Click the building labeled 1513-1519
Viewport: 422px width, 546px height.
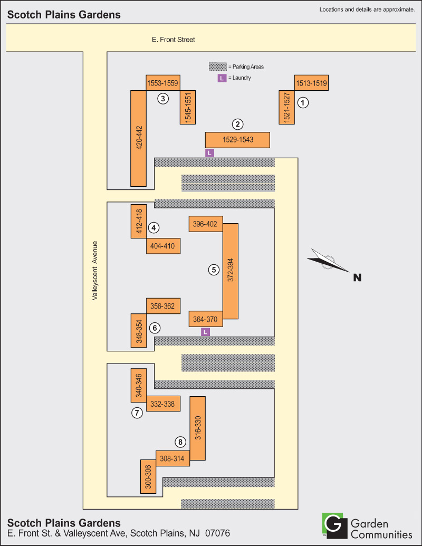click(311, 82)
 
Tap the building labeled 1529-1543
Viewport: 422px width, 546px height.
click(237, 140)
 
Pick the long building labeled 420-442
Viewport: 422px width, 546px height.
click(139, 138)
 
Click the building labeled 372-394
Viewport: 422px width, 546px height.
click(231, 271)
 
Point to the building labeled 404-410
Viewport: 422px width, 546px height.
click(164, 246)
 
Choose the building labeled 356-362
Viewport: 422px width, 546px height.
click(164, 306)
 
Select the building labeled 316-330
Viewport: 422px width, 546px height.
click(197, 428)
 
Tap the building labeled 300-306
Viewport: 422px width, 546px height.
click(148, 476)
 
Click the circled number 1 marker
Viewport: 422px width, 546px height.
click(303, 103)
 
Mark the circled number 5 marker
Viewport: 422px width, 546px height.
click(214, 270)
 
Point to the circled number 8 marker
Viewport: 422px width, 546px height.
click(181, 442)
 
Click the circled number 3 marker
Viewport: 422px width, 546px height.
click(163, 98)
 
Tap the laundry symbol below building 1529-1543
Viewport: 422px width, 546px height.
click(210, 152)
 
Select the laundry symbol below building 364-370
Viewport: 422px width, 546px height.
click(206, 332)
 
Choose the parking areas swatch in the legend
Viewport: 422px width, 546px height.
click(218, 67)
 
